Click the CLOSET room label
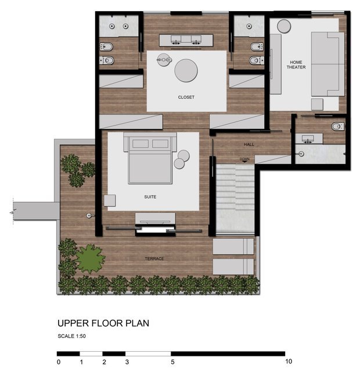[x=186, y=97]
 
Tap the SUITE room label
[x=150, y=197]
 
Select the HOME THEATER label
[x=296, y=65]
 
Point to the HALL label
[x=249, y=144]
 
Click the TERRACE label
[x=154, y=259]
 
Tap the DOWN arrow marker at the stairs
[x=244, y=162]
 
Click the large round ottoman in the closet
[x=186, y=70]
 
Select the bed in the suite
[x=150, y=158]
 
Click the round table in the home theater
[x=284, y=26]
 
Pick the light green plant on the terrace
[x=91, y=259]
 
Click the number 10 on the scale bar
[x=289, y=362]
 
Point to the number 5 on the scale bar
[x=172, y=362]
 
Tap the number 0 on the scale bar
[x=59, y=362]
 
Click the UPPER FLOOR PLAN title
[x=103, y=323]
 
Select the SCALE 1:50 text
[x=71, y=336]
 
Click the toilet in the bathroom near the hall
[x=338, y=126]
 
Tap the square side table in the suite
[x=110, y=201]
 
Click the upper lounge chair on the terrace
[x=233, y=247]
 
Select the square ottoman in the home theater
[x=317, y=104]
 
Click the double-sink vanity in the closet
[x=186, y=40]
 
